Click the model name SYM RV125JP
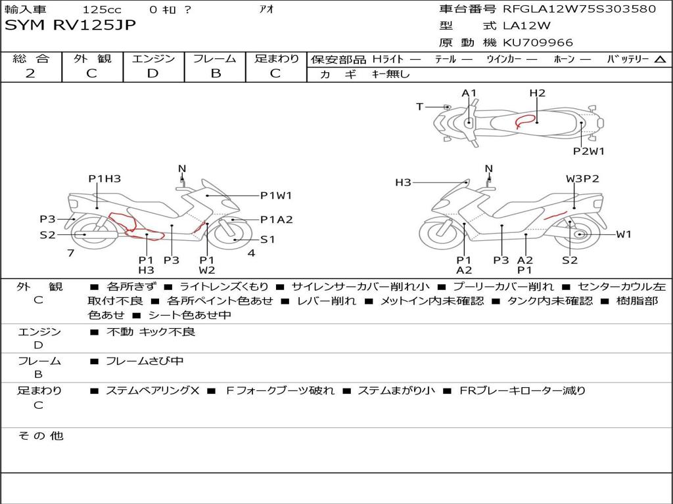coord(70,25)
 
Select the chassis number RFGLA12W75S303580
coord(580,9)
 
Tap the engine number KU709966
coord(538,43)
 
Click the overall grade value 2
coord(30,73)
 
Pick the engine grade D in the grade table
coord(152,73)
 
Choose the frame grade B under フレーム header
coord(216,73)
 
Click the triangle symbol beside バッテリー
coord(660,60)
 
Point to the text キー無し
coord(390,74)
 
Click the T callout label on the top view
coord(420,107)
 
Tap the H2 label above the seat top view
coord(537,93)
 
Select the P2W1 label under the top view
coord(588,152)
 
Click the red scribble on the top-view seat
coord(524,121)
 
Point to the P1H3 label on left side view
coord(104,178)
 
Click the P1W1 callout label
coord(276,196)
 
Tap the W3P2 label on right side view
coord(582,178)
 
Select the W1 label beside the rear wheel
coord(624,234)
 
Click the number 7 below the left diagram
coord(71,253)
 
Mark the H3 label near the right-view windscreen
coord(403,182)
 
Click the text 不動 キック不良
coord(151,331)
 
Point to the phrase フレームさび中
coord(145,362)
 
